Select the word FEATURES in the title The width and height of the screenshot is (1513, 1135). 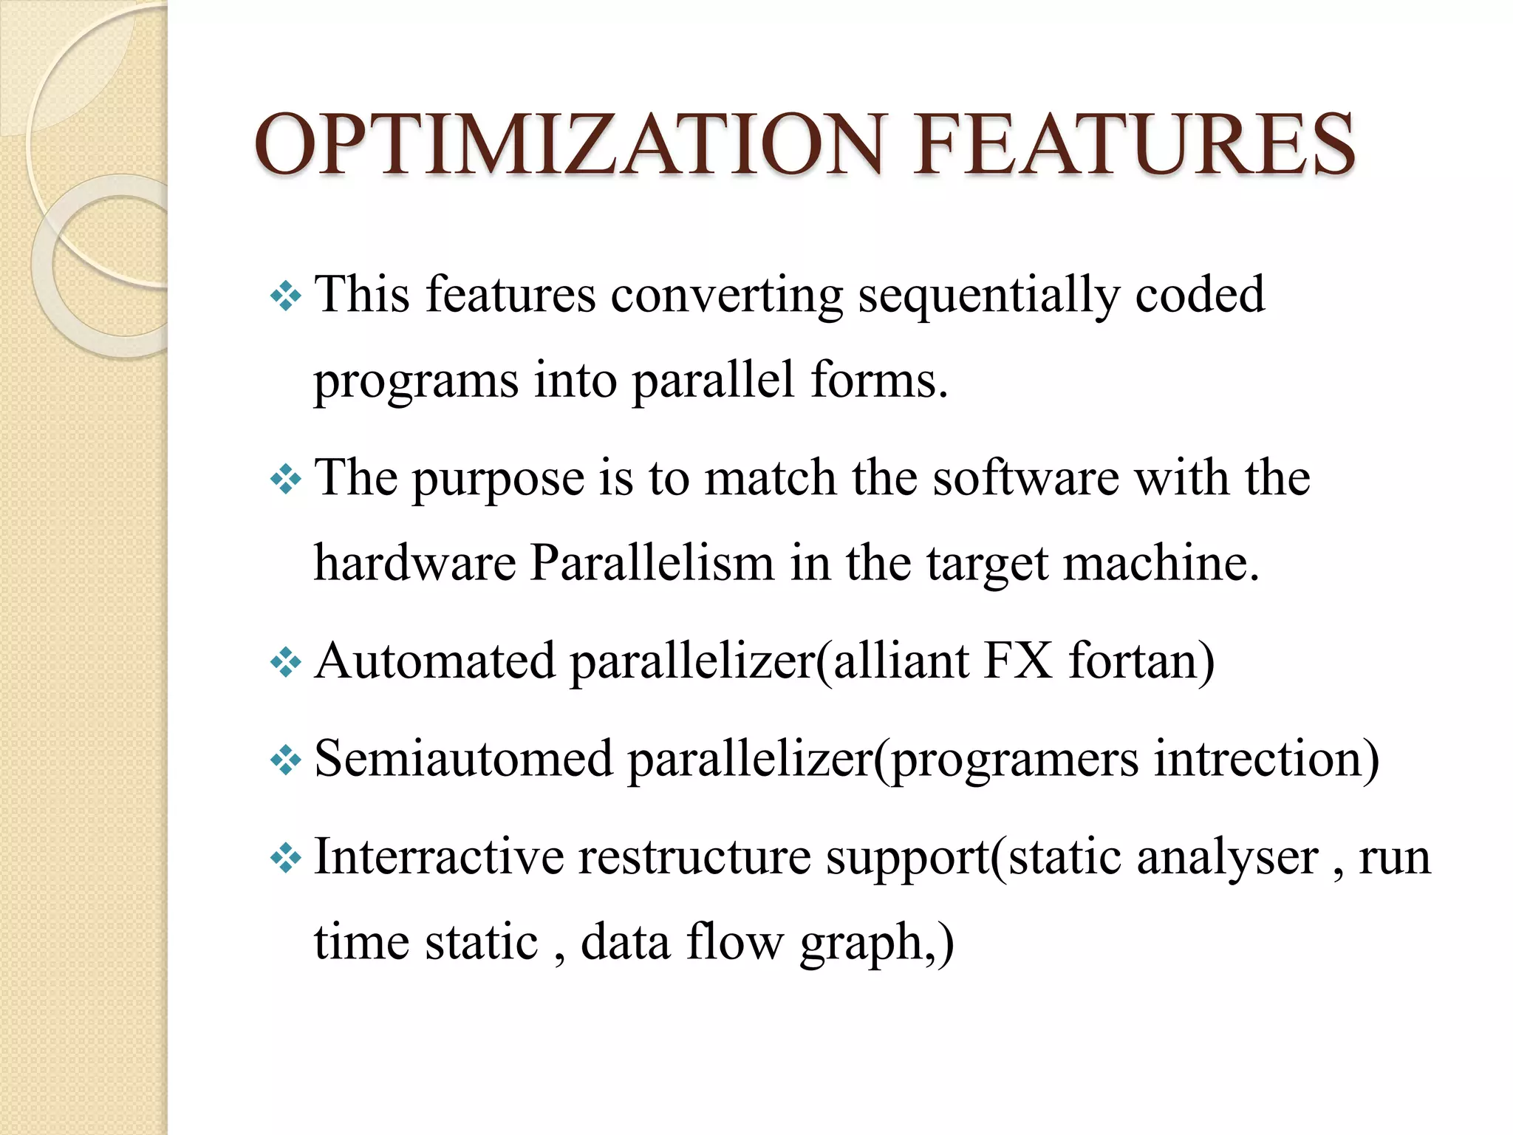[1134, 144]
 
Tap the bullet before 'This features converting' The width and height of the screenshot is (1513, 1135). [286, 297]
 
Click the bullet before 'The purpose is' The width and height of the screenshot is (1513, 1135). [286, 480]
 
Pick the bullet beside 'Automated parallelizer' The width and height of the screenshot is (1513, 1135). [286, 663]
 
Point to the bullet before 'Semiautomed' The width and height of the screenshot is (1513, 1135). [286, 760]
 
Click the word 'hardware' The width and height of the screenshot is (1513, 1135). [414, 564]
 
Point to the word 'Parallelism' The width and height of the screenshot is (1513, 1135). [652, 564]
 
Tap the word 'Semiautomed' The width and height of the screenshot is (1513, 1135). [464, 759]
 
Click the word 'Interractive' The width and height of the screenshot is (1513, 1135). [439, 857]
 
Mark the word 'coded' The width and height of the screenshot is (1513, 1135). [1200, 296]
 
